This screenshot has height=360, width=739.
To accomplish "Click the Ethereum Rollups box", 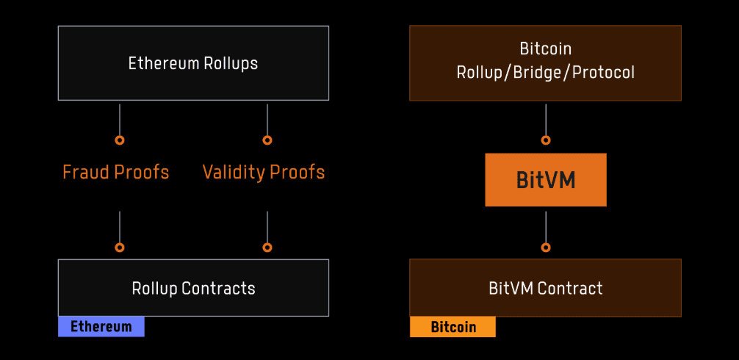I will click(193, 63).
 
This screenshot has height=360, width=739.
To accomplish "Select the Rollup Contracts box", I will click(193, 287).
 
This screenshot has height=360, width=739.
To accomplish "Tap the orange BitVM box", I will click(545, 180).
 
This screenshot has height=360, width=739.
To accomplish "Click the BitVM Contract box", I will click(545, 287).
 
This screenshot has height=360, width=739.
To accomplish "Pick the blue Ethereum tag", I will click(101, 327).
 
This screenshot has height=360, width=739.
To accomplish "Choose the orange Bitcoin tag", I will click(453, 327).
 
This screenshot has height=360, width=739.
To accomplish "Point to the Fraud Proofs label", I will click(116, 172).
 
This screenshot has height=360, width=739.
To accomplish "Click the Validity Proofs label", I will click(264, 172).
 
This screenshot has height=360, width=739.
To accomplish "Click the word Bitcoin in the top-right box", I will click(545, 49).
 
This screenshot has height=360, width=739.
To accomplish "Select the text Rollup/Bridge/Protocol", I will click(545, 73).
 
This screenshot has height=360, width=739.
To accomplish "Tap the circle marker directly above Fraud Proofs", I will click(120, 140).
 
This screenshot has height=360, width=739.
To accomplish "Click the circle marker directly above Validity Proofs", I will click(267, 140).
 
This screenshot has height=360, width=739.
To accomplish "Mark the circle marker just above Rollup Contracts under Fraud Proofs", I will click(120, 248).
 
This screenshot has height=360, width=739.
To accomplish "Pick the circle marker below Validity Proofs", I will click(267, 248).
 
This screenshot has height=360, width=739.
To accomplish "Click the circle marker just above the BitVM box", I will click(545, 140).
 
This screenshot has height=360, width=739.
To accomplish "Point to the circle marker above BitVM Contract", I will click(545, 248).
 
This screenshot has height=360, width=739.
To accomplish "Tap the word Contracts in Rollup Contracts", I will click(219, 288).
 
